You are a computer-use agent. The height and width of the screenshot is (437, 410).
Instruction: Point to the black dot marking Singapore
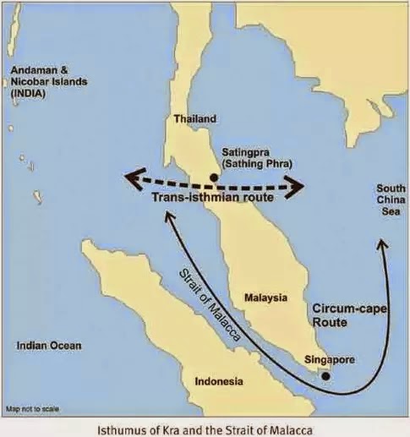click(326, 374)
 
